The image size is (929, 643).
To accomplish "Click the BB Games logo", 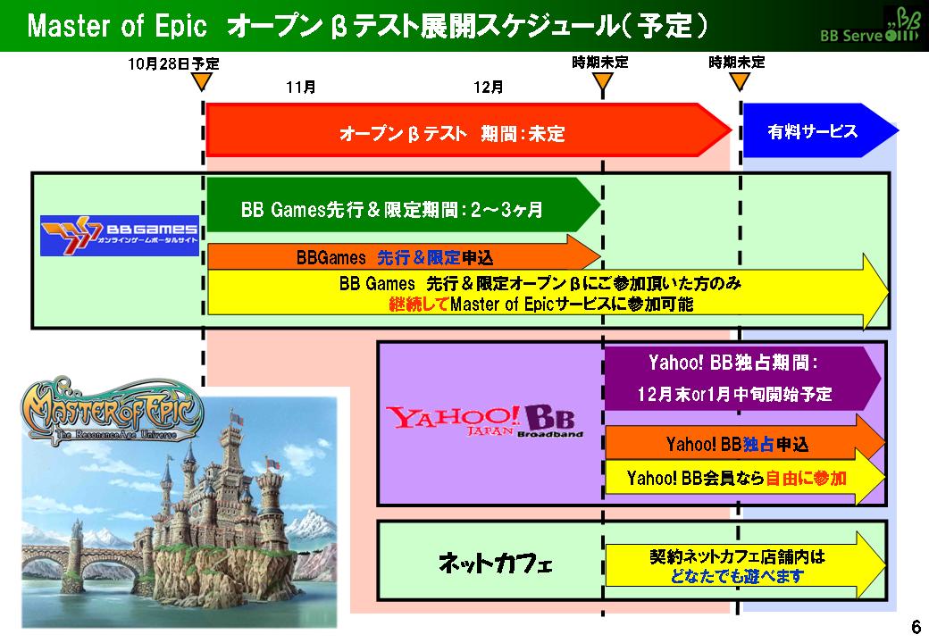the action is click(120, 236).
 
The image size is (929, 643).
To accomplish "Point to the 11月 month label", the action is click(301, 87).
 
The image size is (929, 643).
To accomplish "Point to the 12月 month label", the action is click(489, 87).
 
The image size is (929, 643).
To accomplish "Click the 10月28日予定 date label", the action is click(173, 63).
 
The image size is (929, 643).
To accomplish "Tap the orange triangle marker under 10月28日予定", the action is click(203, 81).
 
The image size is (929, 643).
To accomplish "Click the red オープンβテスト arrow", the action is click(469, 130).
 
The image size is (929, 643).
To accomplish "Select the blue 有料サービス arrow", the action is click(821, 130).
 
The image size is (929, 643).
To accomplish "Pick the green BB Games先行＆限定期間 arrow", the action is click(404, 205).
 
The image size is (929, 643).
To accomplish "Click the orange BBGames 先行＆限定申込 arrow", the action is click(404, 256).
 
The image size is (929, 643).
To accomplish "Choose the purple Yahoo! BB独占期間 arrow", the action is click(742, 378).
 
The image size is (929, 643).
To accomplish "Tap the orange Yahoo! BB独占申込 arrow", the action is click(745, 443).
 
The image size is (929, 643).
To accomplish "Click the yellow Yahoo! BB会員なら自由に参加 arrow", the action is click(745, 477).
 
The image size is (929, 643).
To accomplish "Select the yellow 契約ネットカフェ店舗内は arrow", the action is click(745, 564).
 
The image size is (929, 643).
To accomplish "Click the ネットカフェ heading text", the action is click(495, 562).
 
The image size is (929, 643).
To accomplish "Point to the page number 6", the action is click(916, 626).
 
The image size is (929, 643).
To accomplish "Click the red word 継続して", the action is click(419, 305).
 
